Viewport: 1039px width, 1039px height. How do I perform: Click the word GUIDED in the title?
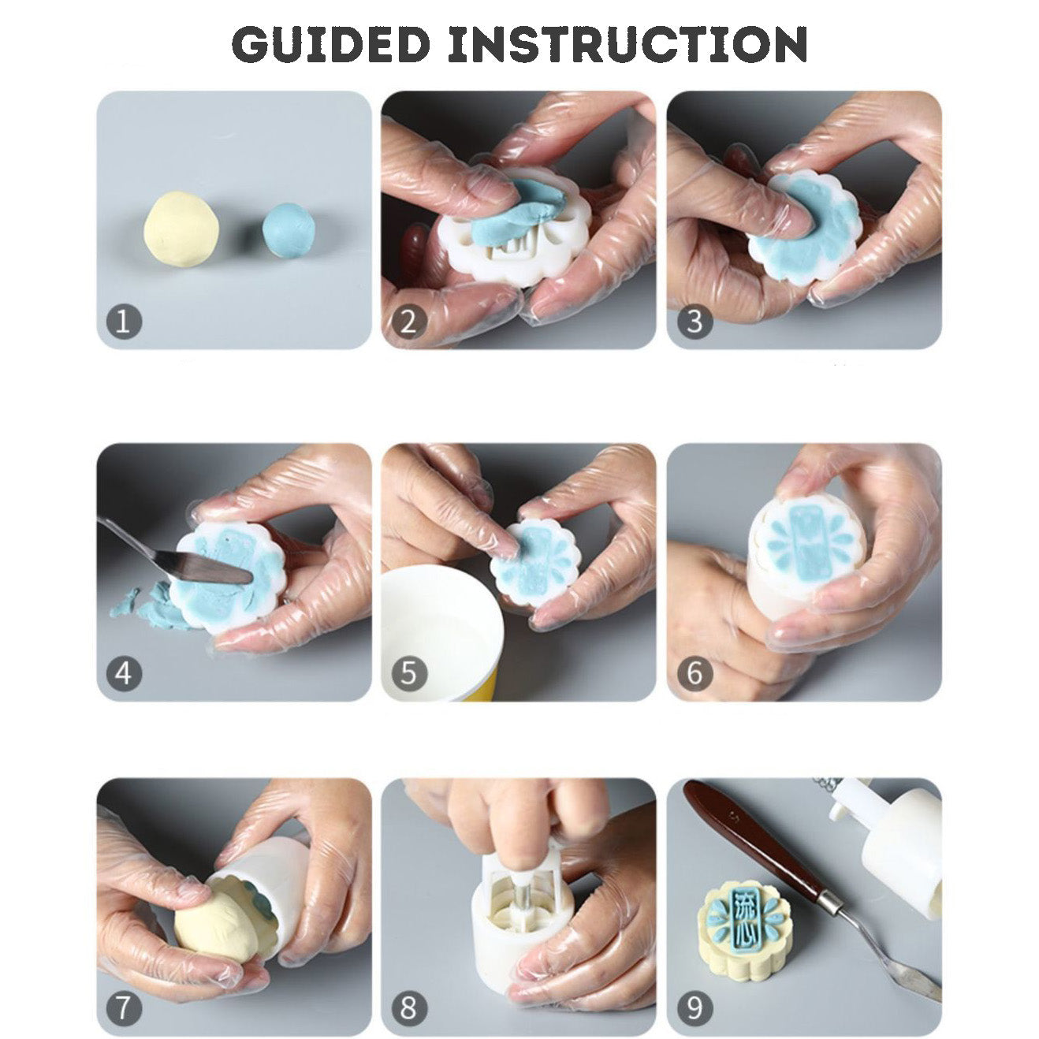click(331, 44)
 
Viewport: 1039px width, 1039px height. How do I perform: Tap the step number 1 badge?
click(124, 322)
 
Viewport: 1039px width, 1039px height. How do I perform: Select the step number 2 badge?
click(408, 322)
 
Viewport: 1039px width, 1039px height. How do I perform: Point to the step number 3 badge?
click(695, 322)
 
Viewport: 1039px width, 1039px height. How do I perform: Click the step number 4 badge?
click(124, 673)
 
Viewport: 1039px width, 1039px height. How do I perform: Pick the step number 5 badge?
click(409, 673)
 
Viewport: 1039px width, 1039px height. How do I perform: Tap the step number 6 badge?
click(695, 673)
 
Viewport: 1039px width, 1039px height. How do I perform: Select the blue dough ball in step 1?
click(289, 227)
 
